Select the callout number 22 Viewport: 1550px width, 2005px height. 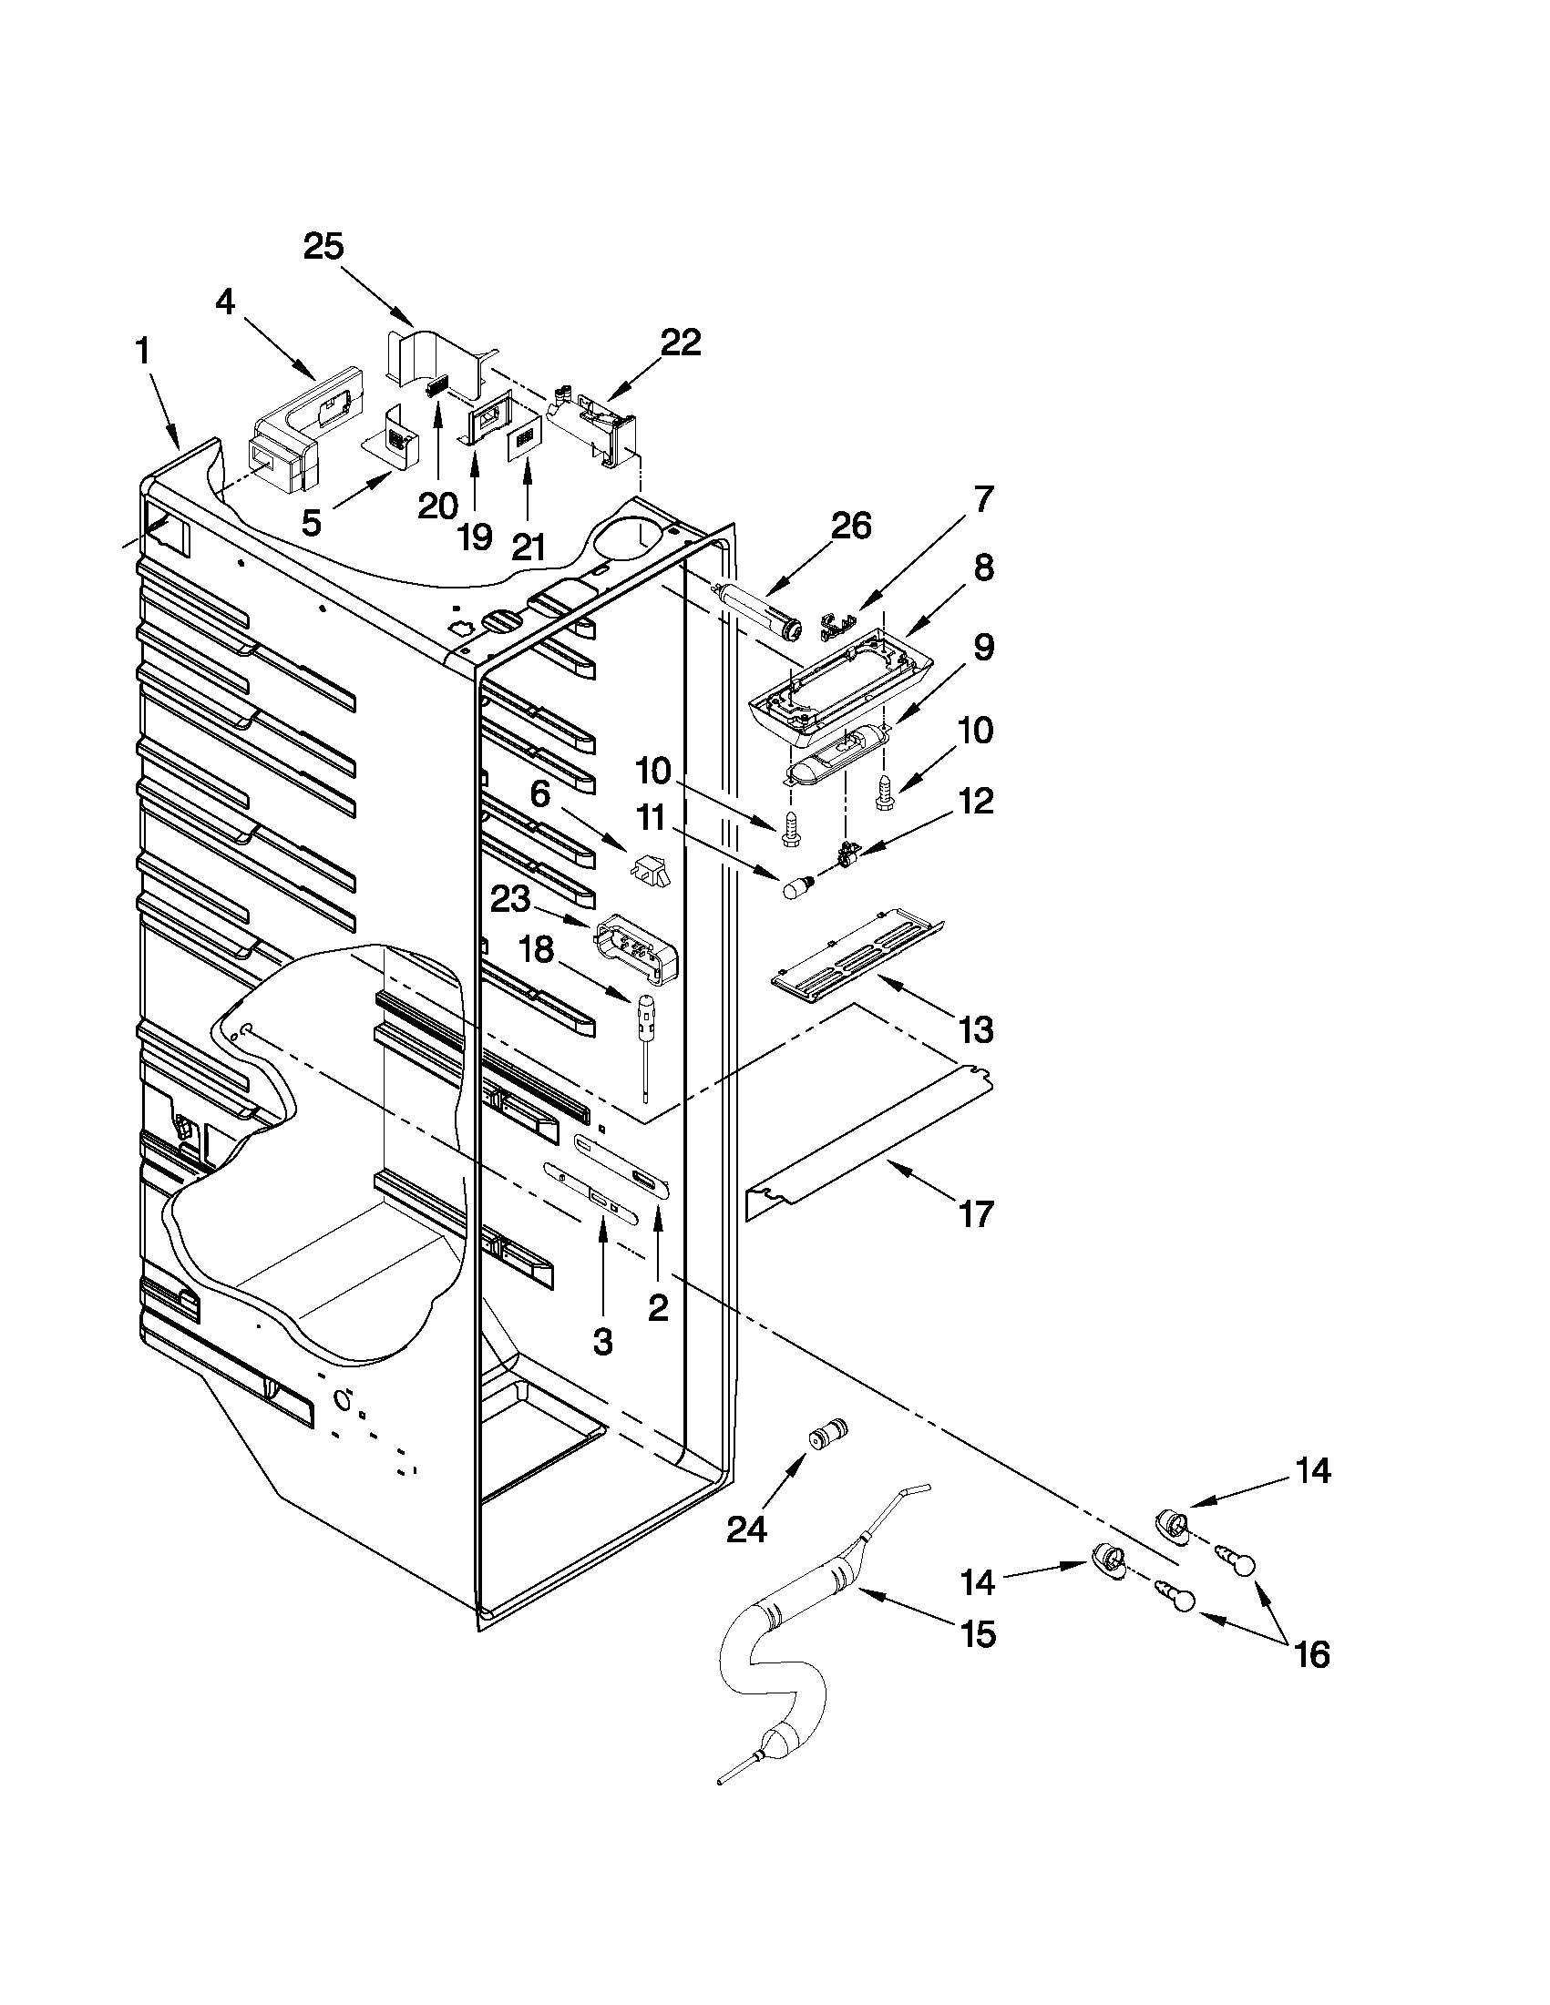point(681,343)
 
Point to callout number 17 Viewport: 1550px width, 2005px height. point(976,1214)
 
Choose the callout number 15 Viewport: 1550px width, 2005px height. point(980,1633)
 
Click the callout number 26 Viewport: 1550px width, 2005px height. point(850,526)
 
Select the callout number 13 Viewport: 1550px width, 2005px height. point(976,1030)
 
